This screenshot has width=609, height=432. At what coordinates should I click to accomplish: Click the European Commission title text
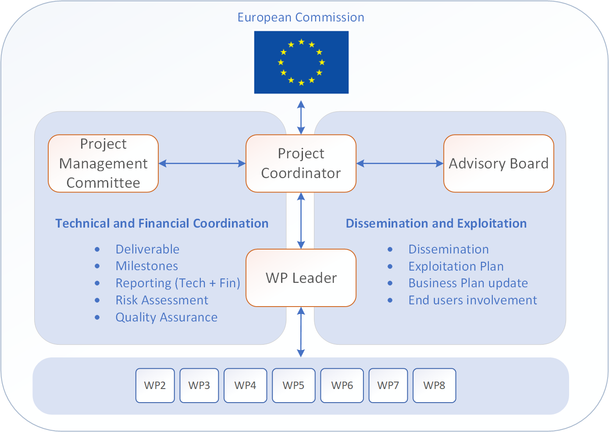point(301,18)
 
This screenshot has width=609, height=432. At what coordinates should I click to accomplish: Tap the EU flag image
point(301,62)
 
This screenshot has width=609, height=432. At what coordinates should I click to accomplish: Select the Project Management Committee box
point(103,163)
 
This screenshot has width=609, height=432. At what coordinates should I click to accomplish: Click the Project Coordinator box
point(301,163)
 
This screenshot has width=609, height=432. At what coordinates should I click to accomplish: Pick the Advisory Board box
point(499,163)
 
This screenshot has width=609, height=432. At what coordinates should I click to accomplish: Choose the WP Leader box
point(301,278)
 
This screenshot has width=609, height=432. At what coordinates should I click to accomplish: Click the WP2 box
point(155,386)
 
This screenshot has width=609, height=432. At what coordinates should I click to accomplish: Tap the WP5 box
point(294,386)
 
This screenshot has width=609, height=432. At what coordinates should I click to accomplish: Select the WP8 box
point(434,386)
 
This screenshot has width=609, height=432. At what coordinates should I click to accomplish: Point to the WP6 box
point(342,386)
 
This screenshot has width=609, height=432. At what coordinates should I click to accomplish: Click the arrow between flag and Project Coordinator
point(301,117)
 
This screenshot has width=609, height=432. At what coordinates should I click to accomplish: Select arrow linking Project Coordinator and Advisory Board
point(400,163)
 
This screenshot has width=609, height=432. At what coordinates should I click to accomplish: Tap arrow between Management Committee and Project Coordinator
point(202,163)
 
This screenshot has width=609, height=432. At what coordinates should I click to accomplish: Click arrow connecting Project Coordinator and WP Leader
point(301,221)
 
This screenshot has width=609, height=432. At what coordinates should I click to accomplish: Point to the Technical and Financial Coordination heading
point(162,223)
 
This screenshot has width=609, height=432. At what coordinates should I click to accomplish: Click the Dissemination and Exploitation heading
point(436,223)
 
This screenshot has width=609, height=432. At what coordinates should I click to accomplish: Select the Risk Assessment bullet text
point(162,300)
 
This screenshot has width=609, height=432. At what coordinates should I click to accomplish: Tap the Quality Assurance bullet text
point(167,318)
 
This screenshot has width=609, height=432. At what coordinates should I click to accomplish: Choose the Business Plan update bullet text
point(468,283)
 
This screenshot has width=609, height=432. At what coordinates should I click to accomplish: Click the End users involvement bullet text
point(473,300)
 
